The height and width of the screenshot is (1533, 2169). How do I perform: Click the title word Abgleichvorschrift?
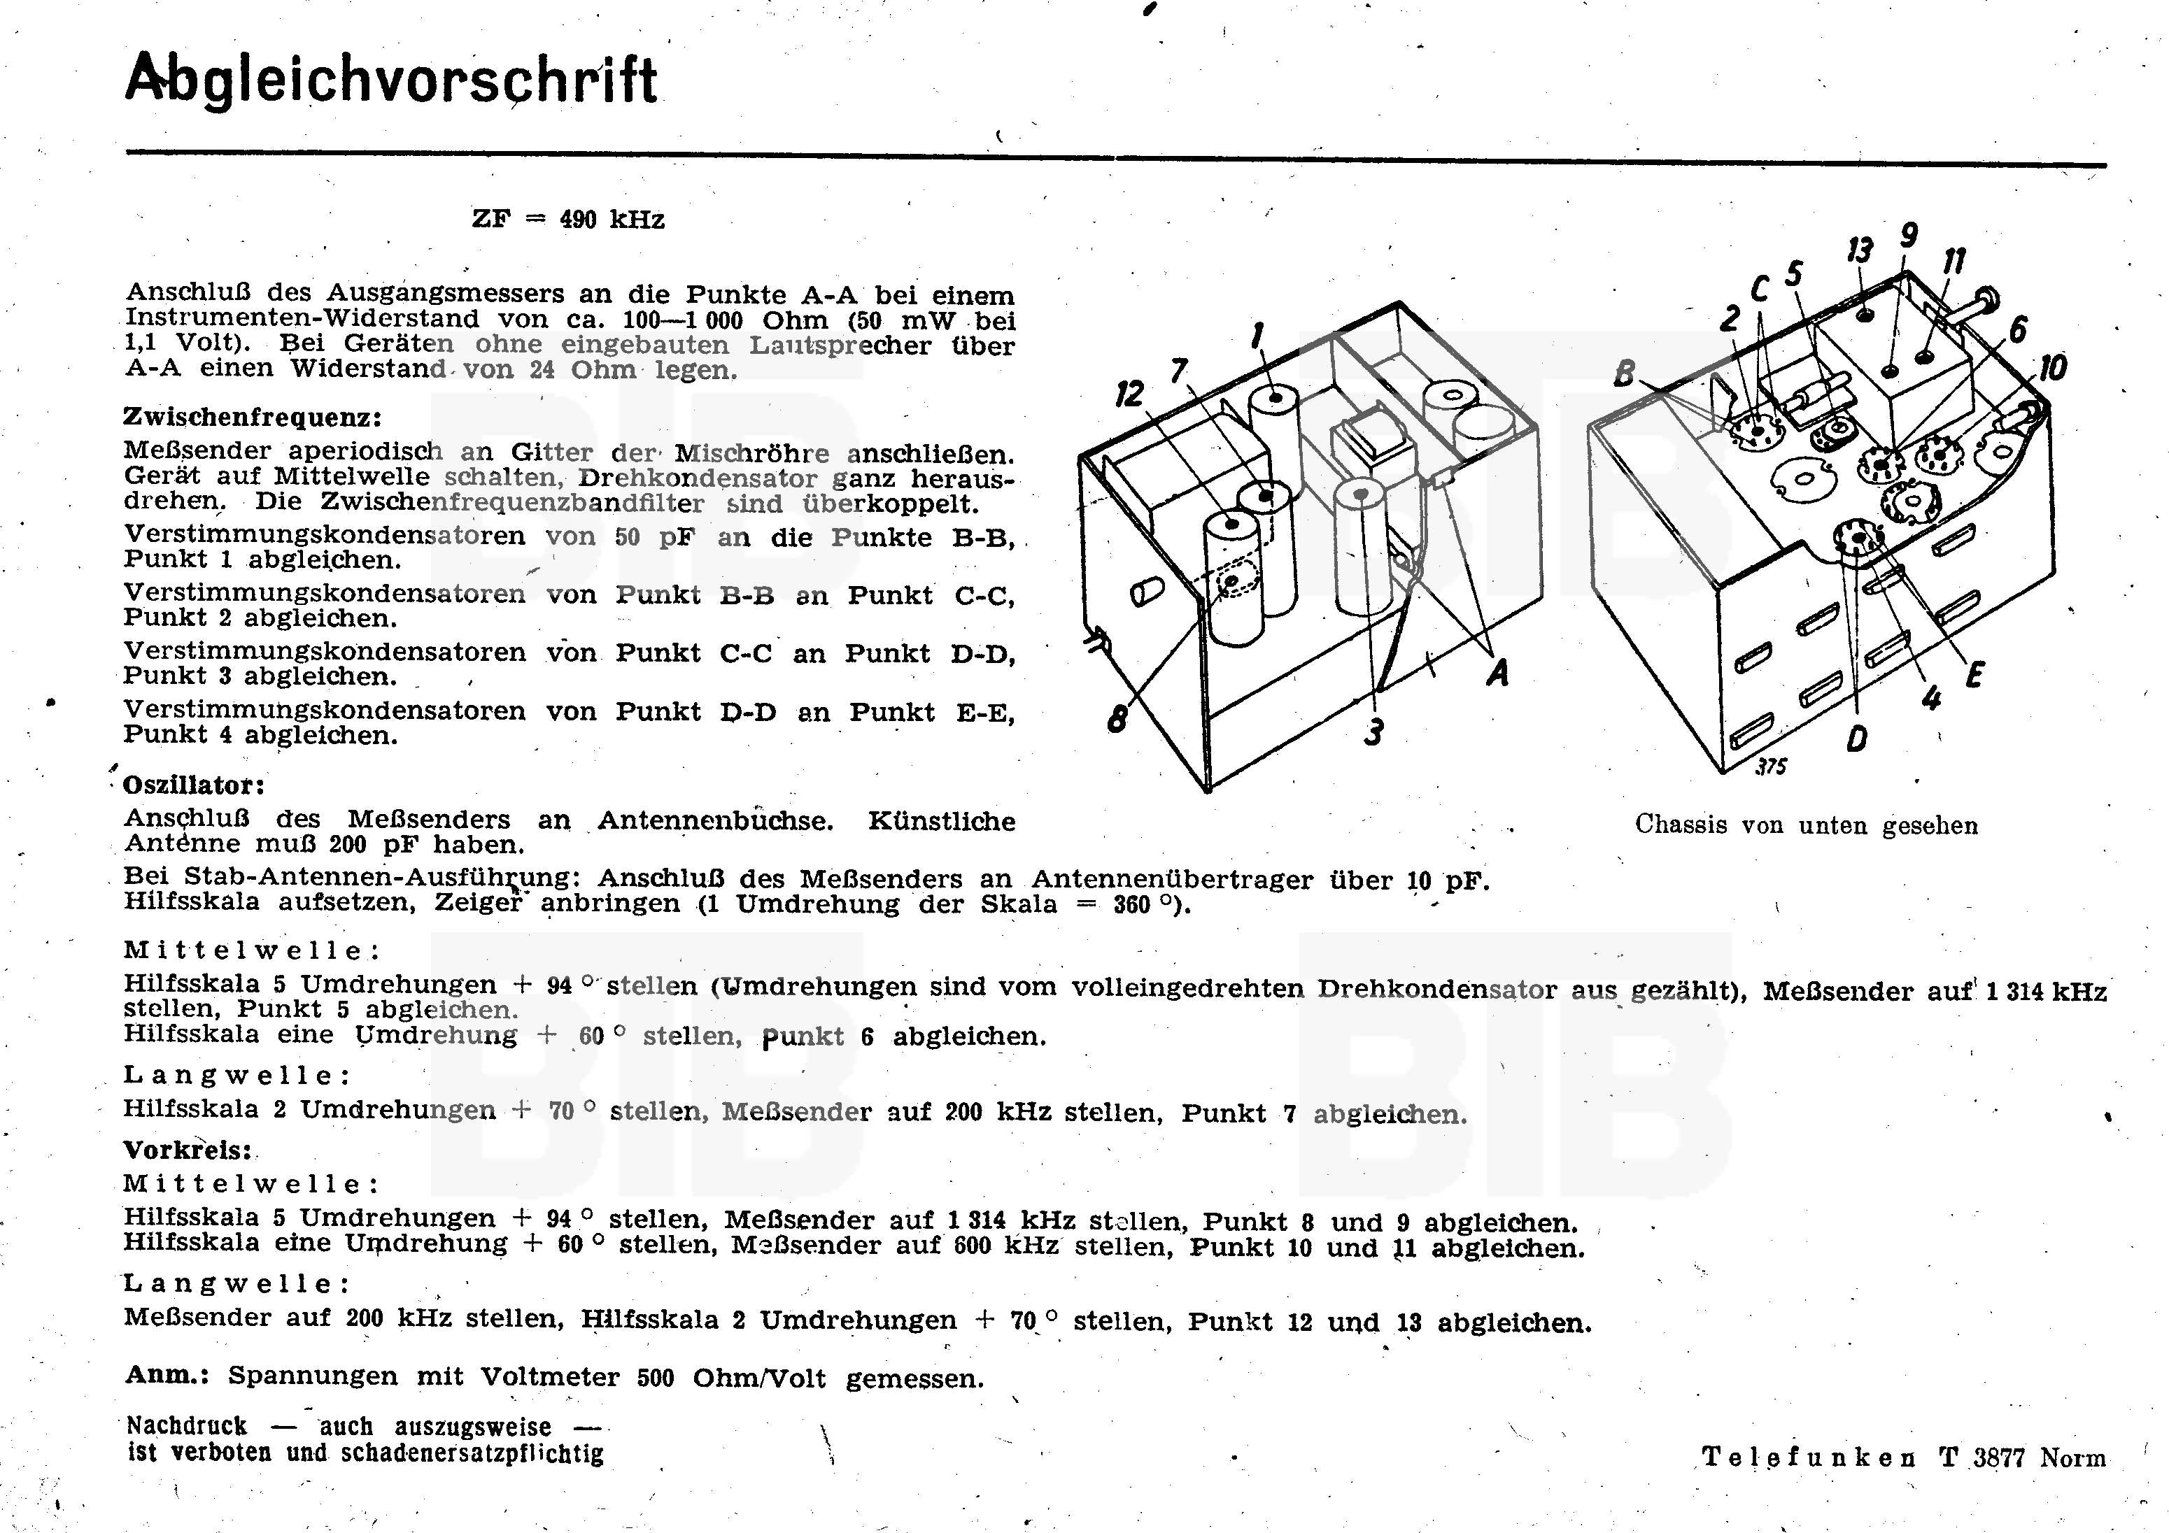pyautogui.click(x=391, y=80)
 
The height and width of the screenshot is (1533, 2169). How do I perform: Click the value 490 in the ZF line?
pyautogui.click(x=577, y=220)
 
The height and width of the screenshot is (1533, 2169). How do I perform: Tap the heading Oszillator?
pyautogui.click(x=195, y=785)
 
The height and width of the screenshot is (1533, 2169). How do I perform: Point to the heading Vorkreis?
pyautogui.click(x=189, y=1150)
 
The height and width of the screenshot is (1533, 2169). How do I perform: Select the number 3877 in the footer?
pyautogui.click(x=1998, y=1457)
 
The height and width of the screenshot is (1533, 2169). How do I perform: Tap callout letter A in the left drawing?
pyautogui.click(x=1497, y=673)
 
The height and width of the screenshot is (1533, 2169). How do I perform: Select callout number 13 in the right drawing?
pyautogui.click(x=1859, y=251)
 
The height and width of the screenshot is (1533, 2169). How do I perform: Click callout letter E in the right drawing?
pyautogui.click(x=1974, y=674)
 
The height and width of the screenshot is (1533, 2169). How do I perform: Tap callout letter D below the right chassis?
pyautogui.click(x=1856, y=739)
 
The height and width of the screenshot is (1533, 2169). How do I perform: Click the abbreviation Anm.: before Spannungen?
pyautogui.click(x=167, y=1375)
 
